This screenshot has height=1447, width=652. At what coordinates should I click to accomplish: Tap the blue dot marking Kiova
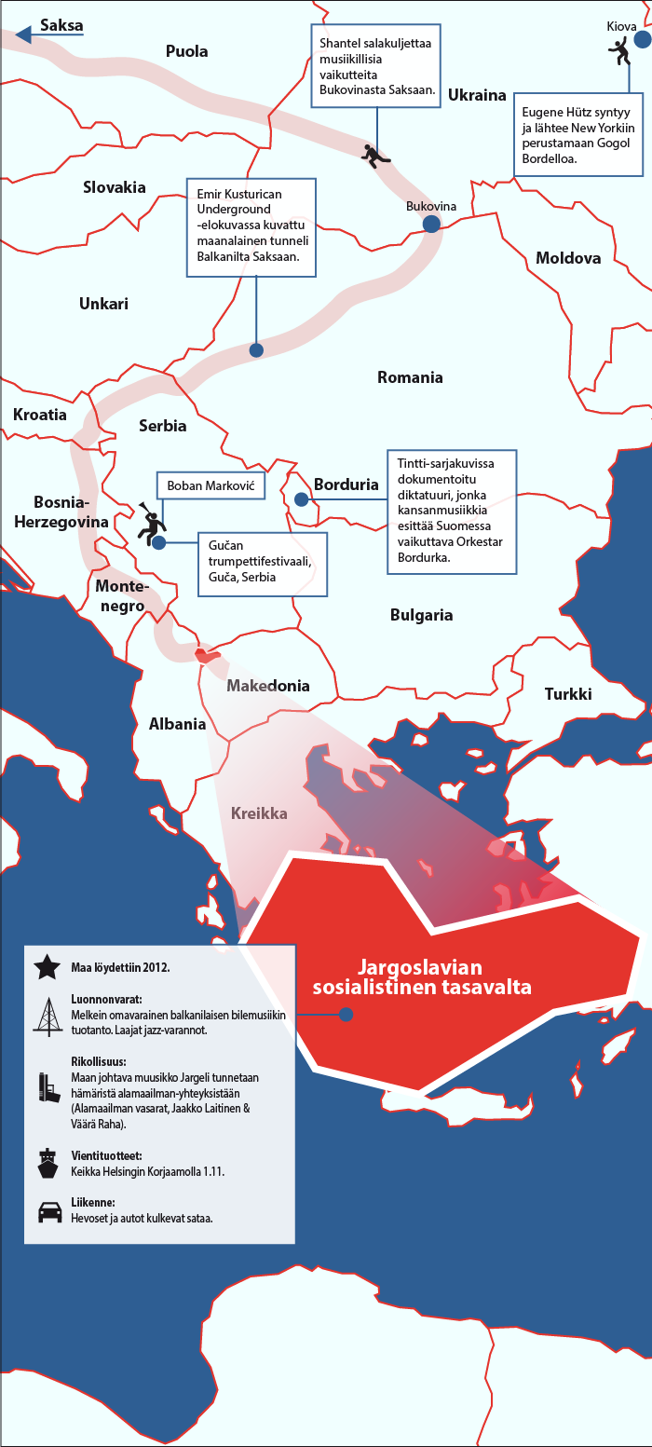(x=643, y=41)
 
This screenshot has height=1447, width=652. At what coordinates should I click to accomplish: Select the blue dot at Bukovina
(x=430, y=224)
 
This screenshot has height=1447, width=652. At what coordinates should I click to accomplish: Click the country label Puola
(x=186, y=51)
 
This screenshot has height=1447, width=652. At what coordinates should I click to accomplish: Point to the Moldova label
(x=568, y=258)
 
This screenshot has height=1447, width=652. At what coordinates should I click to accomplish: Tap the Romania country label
(x=410, y=377)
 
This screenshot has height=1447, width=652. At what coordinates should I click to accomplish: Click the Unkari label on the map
(x=103, y=304)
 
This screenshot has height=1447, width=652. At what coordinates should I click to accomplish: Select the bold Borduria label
(x=346, y=485)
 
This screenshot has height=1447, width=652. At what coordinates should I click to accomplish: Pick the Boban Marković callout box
(x=211, y=486)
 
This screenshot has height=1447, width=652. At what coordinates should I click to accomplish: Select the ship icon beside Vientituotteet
(x=46, y=1162)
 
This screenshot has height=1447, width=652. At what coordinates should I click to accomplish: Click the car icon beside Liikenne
(x=46, y=1212)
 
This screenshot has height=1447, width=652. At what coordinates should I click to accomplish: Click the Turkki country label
(x=568, y=694)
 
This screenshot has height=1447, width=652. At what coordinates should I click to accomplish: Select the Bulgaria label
(x=421, y=615)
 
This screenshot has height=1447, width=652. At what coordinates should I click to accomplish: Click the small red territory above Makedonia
(x=209, y=656)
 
